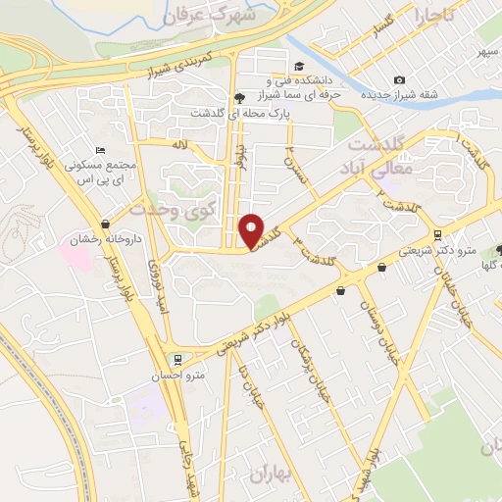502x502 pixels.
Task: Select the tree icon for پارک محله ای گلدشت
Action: (x=239, y=98)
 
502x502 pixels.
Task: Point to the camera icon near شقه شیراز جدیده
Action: (x=398, y=79)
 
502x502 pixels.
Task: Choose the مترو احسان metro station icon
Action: (x=177, y=359)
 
